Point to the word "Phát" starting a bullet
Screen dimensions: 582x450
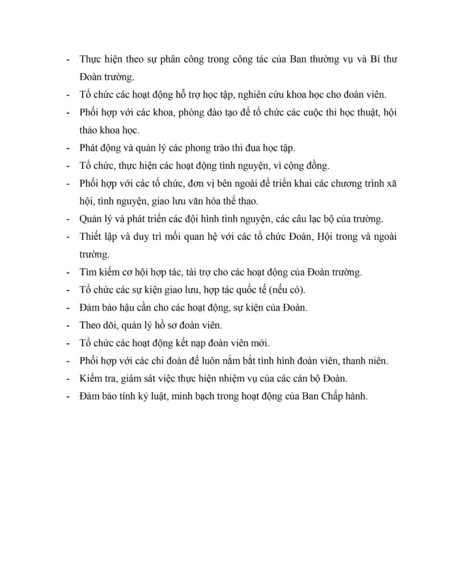pyautogui.click(x=90, y=148)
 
